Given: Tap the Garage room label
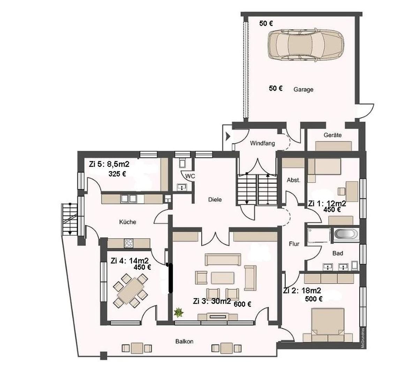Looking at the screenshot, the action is [x=303, y=89].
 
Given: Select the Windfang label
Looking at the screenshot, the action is [x=262, y=143].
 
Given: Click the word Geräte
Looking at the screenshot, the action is [x=332, y=135].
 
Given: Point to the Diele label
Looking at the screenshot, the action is [x=215, y=199].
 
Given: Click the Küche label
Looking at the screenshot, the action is [x=127, y=222].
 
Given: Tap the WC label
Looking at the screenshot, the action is [x=190, y=176].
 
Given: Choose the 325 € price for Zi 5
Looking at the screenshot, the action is [x=117, y=174].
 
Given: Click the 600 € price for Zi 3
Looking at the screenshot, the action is [x=242, y=304].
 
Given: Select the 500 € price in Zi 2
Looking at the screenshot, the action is [x=314, y=299].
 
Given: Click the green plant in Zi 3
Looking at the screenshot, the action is [x=179, y=313].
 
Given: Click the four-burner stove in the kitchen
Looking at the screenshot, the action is [x=128, y=243].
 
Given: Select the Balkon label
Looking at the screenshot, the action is [x=184, y=341].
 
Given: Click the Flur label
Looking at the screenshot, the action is [x=294, y=244].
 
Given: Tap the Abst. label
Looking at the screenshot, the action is [x=293, y=180].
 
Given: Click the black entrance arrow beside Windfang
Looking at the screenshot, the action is [x=228, y=136].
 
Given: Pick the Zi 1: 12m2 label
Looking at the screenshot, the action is [x=327, y=204].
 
